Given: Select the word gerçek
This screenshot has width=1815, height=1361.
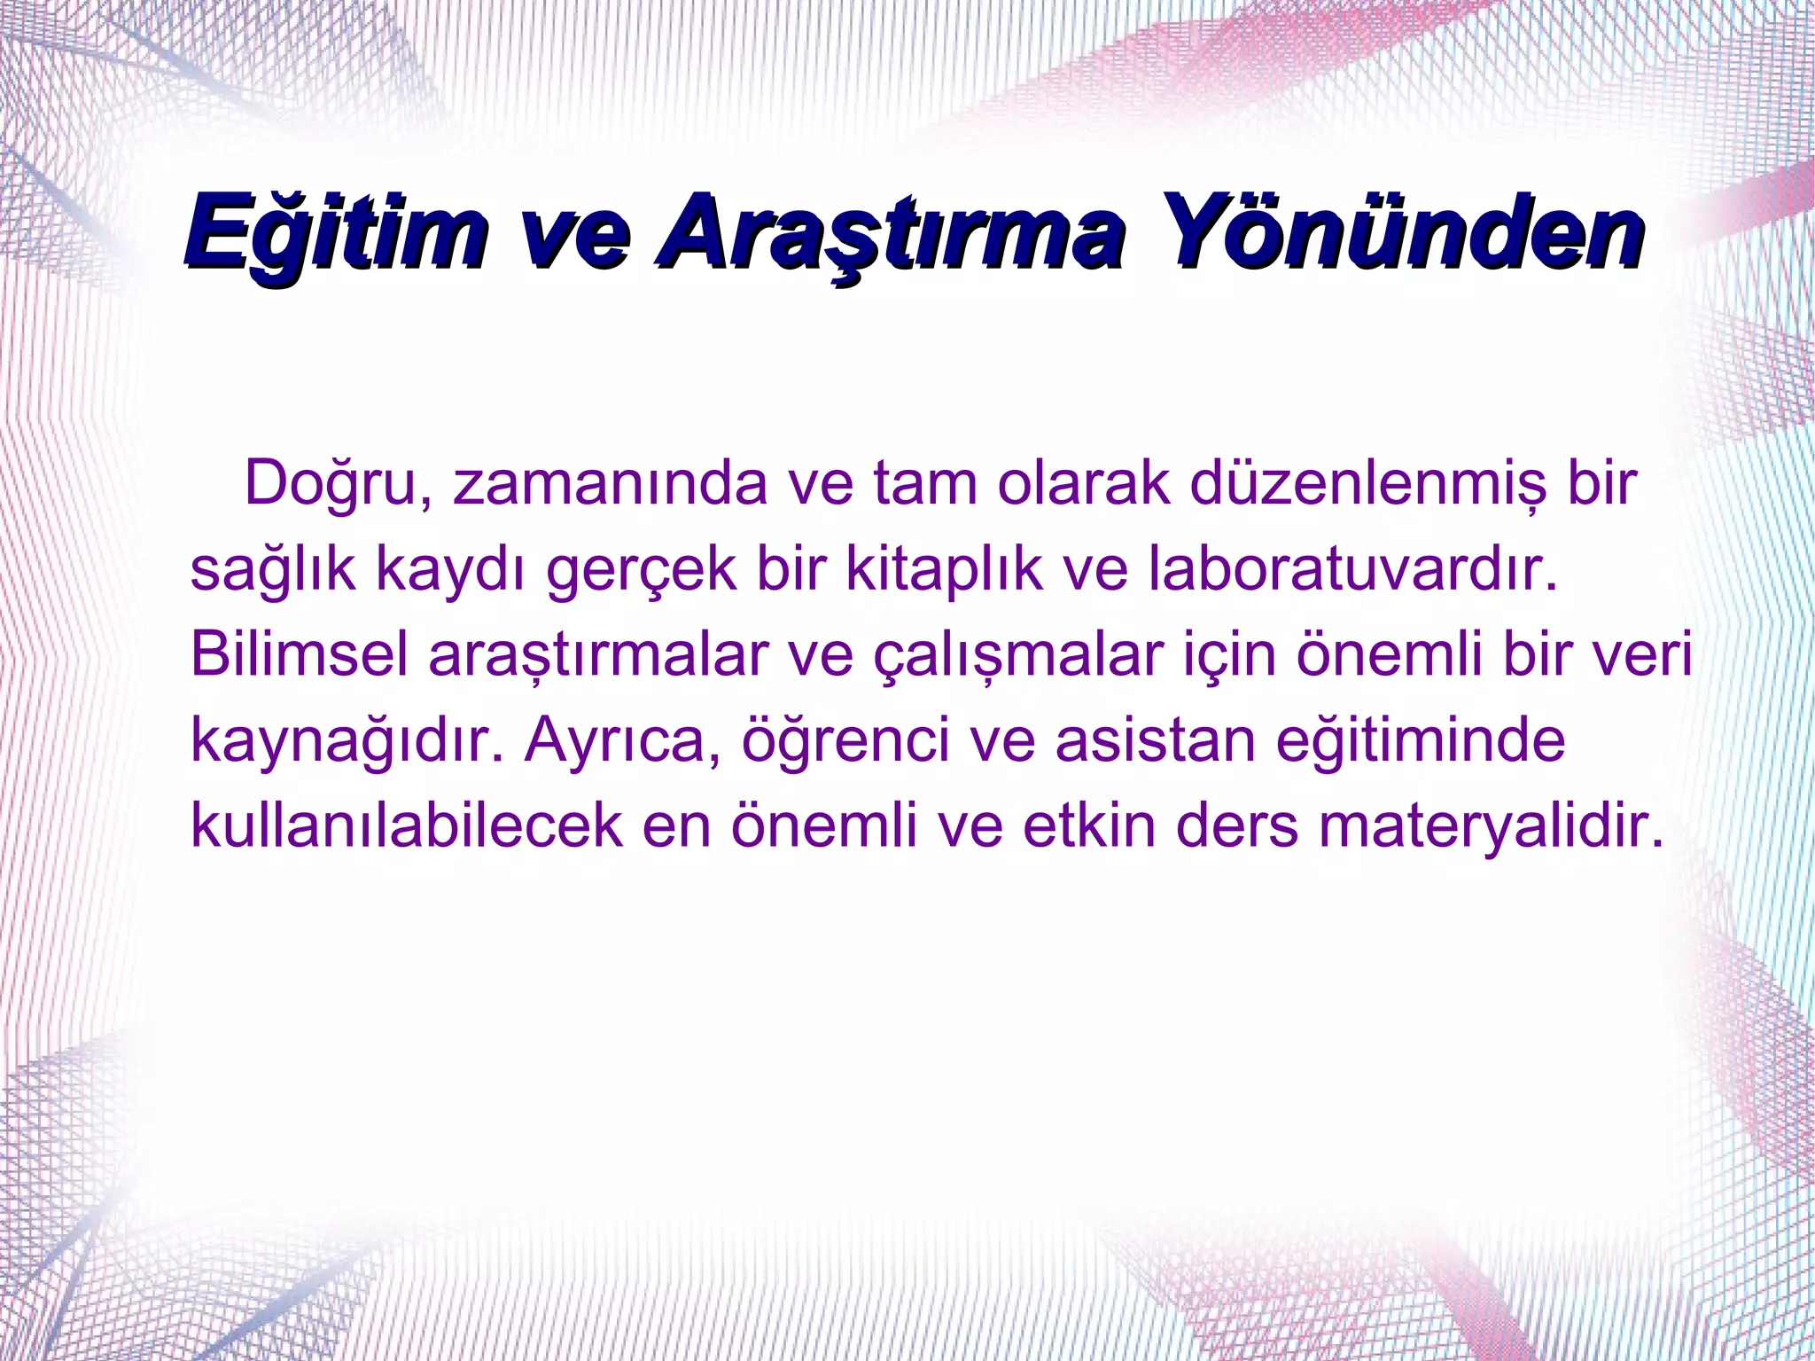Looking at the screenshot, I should [x=641, y=570].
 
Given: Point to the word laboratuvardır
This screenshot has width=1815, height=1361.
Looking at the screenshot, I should [x=1352, y=568].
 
